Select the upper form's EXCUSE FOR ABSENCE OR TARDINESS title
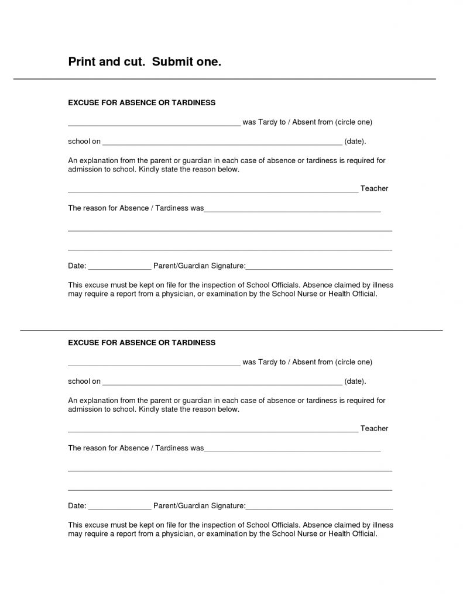142,103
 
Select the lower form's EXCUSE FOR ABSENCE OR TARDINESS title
142,342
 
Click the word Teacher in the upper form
374,188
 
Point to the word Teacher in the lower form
374,428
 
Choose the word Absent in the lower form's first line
304,362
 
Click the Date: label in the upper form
77,266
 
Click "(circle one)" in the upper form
354,122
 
